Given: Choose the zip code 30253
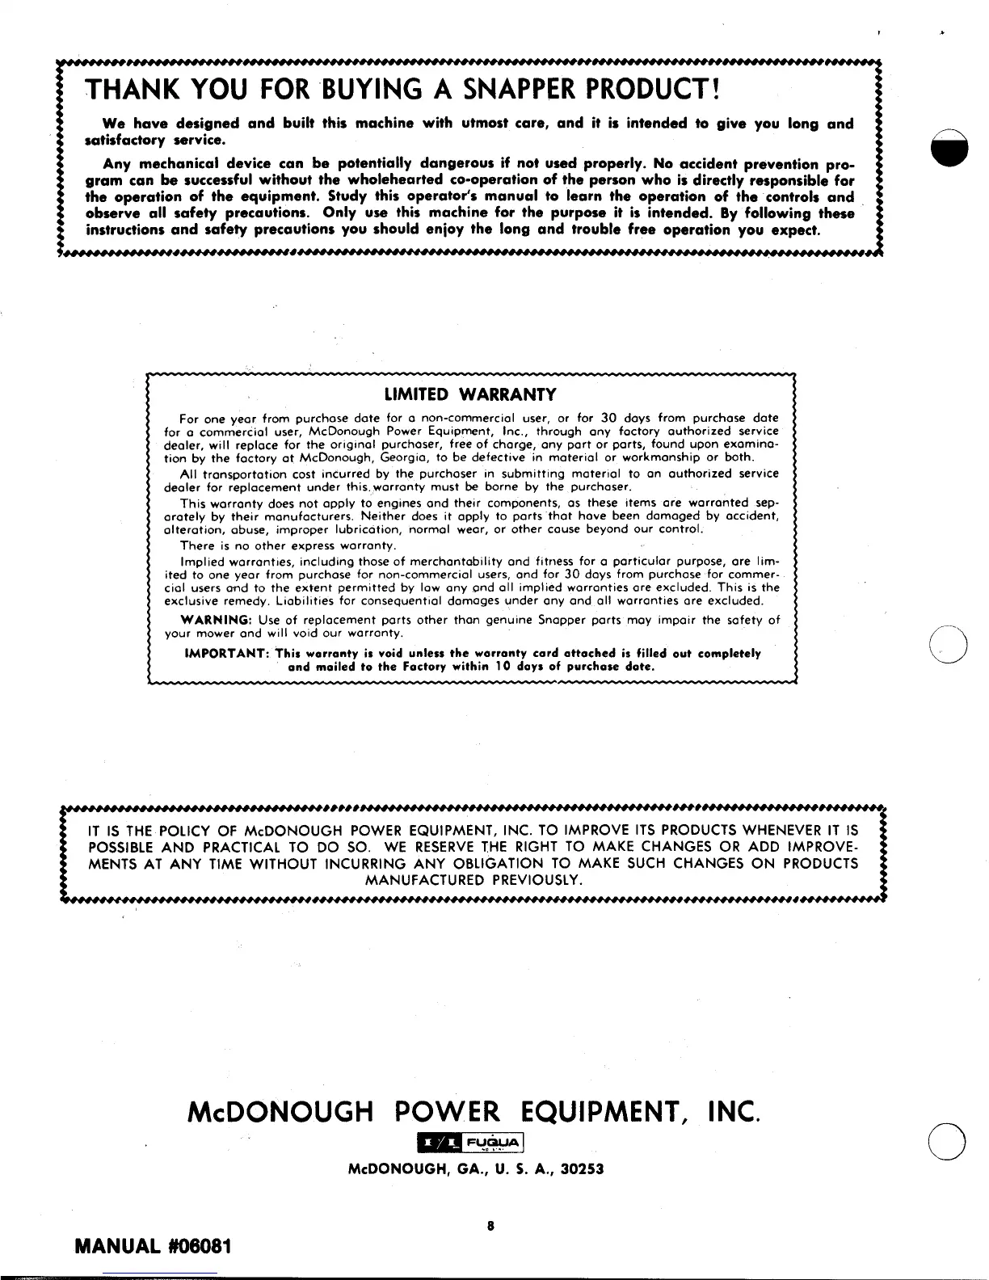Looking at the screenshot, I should coord(581,1169).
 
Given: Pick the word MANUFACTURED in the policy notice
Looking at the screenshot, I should coord(420,880).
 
